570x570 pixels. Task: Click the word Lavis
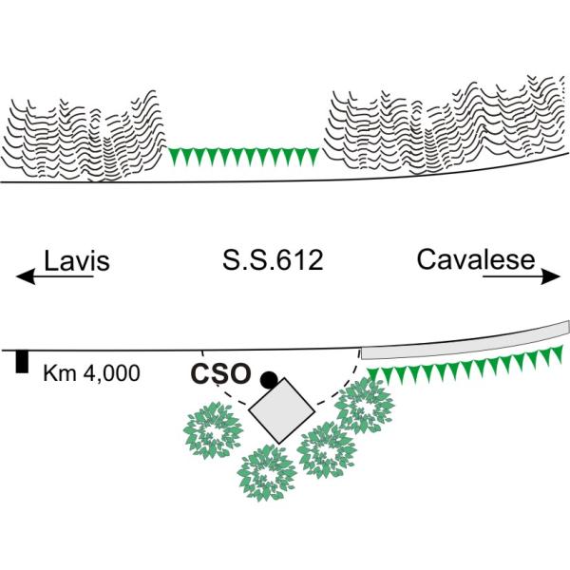point(77,260)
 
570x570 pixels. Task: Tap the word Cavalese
point(476,259)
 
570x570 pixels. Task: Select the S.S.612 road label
point(273,260)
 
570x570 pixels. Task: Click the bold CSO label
point(221,374)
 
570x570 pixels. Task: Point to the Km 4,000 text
point(91,373)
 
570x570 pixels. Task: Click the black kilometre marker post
point(22,362)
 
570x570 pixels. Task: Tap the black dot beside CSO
point(269,380)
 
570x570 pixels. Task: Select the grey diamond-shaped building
point(282,410)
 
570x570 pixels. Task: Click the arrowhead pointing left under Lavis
point(26,276)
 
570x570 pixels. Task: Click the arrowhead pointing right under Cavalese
point(551,276)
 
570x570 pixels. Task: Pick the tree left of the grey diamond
point(213,430)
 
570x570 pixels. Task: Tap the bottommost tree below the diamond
point(267,473)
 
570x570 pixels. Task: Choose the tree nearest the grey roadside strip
point(365,406)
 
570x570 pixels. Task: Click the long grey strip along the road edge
point(465,341)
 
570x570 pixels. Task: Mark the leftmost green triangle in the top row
point(176,157)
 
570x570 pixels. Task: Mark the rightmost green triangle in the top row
point(313,157)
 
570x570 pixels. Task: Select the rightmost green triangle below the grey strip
point(557,354)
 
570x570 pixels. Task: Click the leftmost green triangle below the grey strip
point(373,376)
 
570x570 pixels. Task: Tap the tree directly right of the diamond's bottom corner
point(326,449)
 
